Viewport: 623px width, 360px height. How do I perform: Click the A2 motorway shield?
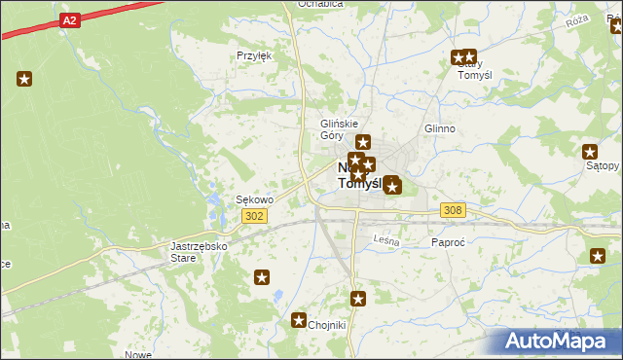pos(67,18)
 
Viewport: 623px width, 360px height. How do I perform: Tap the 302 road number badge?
pos(255,216)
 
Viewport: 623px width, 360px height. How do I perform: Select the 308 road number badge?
pos(452,209)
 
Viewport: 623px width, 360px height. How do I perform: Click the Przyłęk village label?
pos(254,55)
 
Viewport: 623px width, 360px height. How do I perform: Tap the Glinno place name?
pos(440,128)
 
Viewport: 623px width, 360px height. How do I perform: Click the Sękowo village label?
pos(255,199)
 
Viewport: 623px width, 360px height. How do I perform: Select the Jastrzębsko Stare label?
pos(199,252)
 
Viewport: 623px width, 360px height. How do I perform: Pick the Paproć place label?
pos(448,242)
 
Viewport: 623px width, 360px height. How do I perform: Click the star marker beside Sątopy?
pos(590,151)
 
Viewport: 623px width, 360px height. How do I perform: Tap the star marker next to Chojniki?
pos(299,319)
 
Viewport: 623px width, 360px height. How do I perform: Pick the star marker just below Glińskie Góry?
pos(362,143)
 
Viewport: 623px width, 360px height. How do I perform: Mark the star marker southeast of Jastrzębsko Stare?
pos(262,278)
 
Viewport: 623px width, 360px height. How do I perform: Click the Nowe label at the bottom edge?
pos(138,355)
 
